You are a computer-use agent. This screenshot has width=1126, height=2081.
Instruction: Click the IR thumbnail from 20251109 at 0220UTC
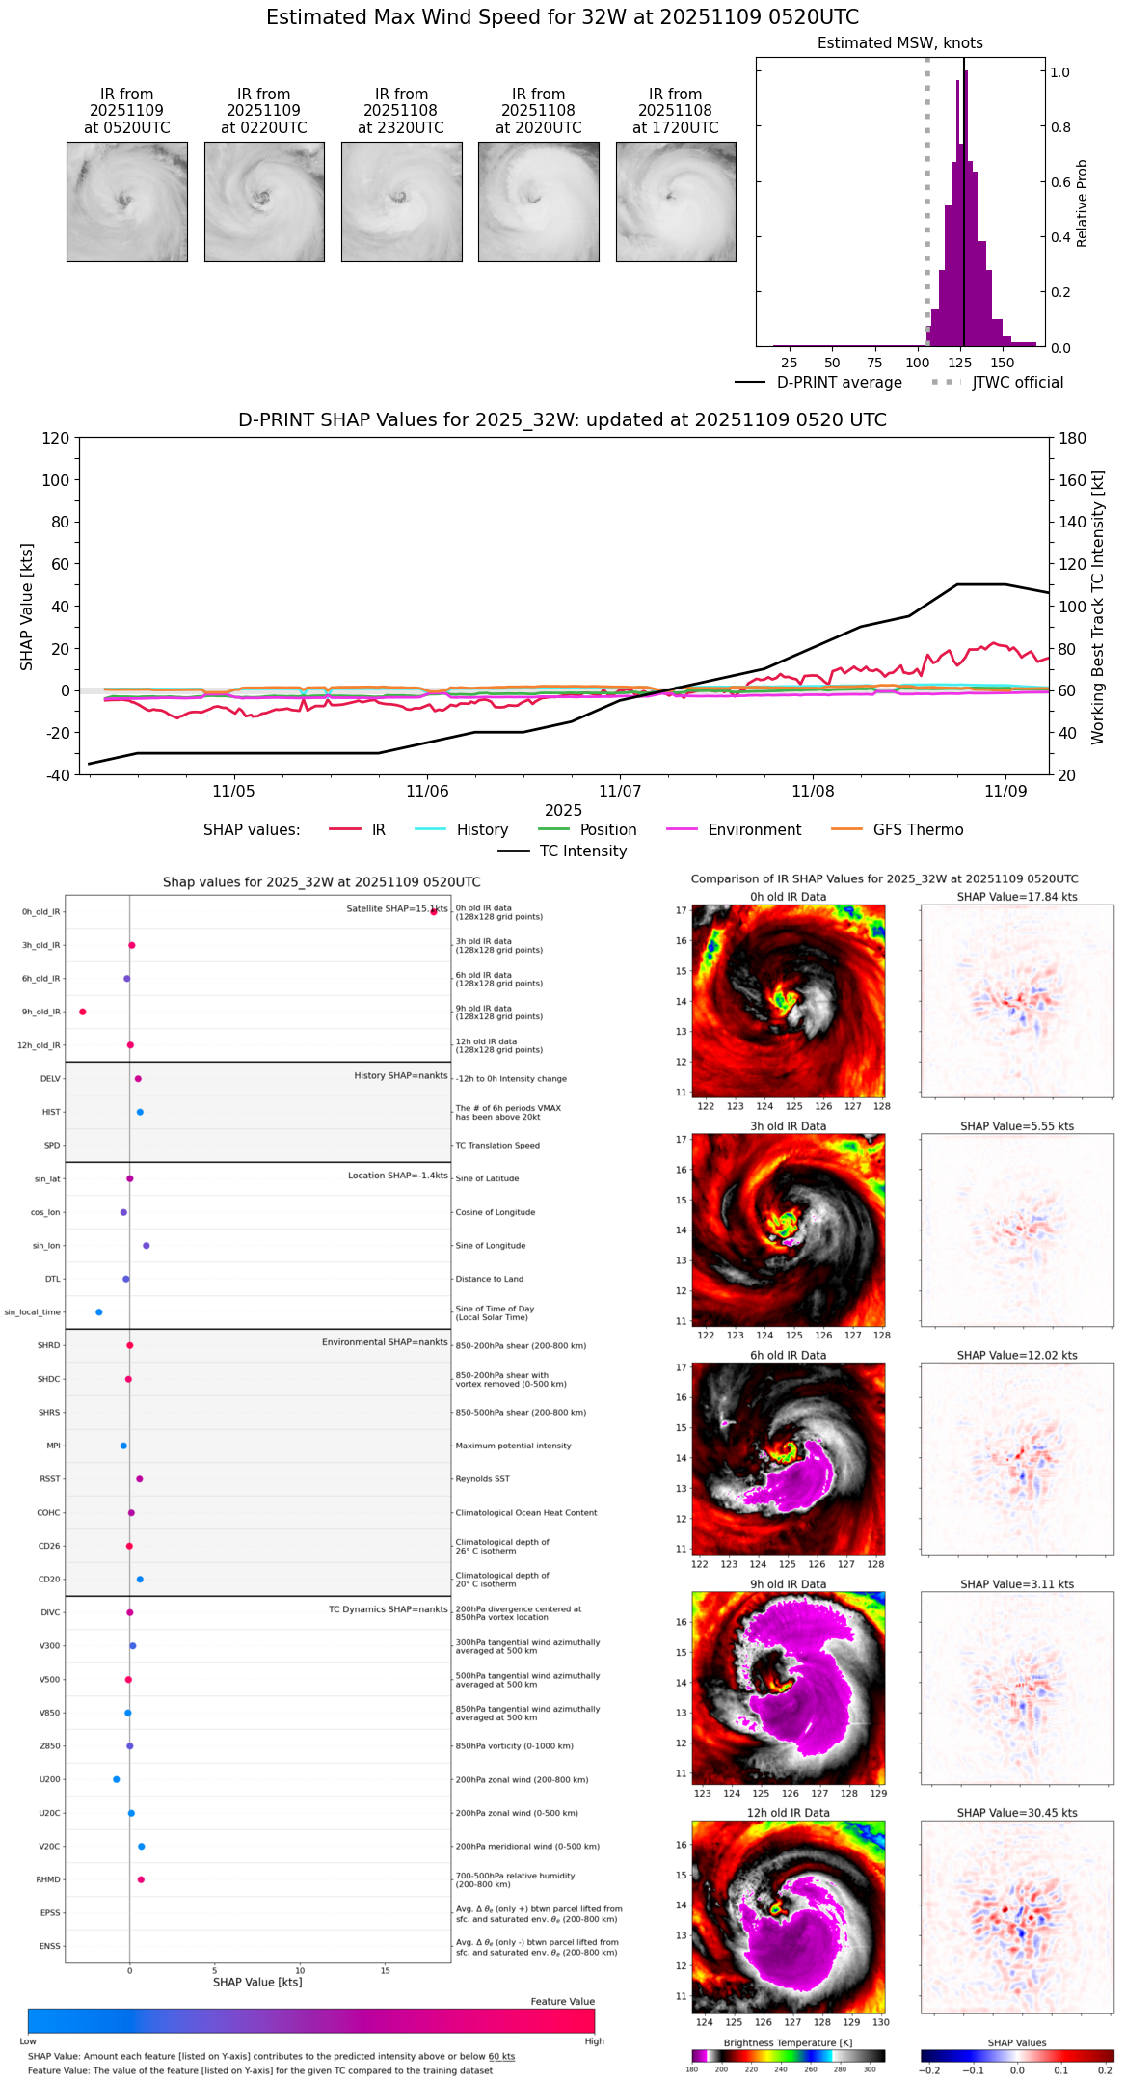coord(263,202)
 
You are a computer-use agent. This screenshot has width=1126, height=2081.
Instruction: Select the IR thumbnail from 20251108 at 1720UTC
coord(676,202)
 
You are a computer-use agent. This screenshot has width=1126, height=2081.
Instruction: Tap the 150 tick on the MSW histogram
coord(1003,363)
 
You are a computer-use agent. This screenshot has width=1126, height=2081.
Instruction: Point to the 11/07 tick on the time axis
coord(619,791)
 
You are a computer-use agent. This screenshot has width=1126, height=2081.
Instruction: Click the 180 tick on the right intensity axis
coord(1073,438)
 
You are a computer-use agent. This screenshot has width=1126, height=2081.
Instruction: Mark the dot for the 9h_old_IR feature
coord(83,1012)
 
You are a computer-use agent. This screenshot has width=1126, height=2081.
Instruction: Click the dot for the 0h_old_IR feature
coord(434,911)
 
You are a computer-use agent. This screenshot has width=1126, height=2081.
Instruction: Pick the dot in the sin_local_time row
coord(99,1312)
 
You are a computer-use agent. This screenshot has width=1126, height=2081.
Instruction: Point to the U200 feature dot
coord(117,1779)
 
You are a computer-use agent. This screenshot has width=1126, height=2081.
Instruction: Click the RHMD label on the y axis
coord(48,1879)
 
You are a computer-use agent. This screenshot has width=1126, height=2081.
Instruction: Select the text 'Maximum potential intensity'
coord(513,1446)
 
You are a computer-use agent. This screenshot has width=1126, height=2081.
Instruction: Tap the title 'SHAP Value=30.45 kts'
coord(1016,1813)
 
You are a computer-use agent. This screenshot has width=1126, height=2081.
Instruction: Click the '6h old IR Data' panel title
coord(788,1355)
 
